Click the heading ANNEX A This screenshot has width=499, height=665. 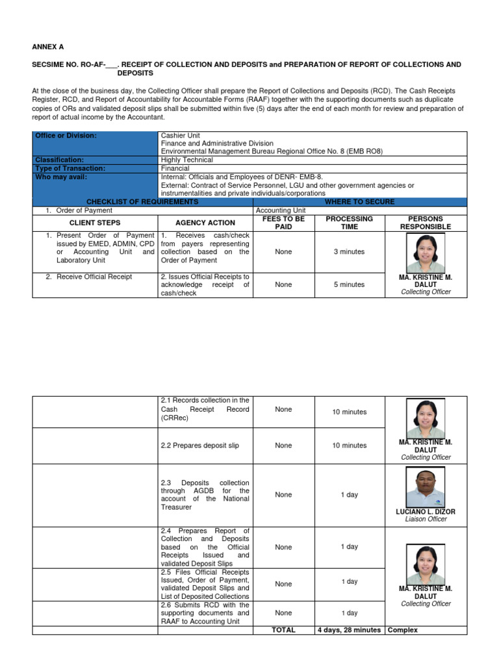point(48,47)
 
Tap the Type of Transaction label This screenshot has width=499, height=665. point(70,168)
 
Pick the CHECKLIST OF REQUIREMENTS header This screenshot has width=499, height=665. point(142,202)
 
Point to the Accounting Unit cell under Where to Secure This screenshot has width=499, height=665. point(281,210)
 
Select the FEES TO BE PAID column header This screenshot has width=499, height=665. point(283,223)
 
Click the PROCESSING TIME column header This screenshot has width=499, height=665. point(350,223)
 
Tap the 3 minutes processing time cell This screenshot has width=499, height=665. point(350,251)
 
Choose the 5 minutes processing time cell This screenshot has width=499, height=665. point(350,284)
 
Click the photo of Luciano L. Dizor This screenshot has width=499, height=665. point(426,486)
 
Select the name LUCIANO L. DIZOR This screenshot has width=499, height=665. point(426,512)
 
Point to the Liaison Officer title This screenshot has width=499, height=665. point(426,520)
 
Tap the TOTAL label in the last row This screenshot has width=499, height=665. point(283,630)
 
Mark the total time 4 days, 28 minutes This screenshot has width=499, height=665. point(350,630)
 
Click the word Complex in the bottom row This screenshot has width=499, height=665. point(403,630)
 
